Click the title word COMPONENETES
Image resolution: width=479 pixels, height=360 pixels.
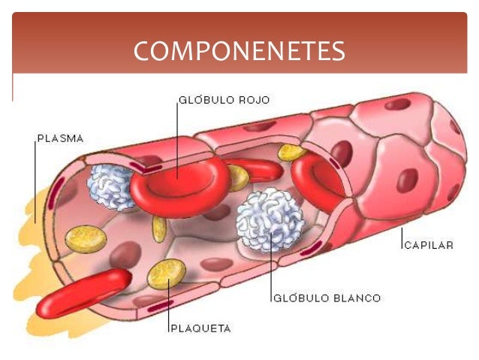coord(239,51)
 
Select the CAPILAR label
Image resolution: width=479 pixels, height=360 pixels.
coord(429,245)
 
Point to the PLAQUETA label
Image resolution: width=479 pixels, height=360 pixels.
coord(200,328)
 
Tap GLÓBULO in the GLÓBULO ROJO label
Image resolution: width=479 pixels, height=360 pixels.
coord(205,99)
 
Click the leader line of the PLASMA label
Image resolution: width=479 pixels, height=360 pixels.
coord(35,180)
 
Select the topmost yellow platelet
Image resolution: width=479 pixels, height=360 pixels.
coord(291,153)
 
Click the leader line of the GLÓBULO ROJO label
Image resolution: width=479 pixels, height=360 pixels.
coord(178,135)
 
